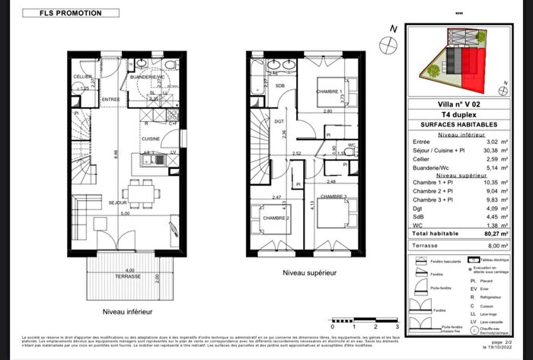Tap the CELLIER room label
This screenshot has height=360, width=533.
[x=83, y=77]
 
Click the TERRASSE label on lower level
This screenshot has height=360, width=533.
[x=128, y=276]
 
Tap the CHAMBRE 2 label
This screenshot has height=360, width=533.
[x=275, y=218]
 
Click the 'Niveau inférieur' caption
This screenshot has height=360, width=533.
[x=128, y=313]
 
